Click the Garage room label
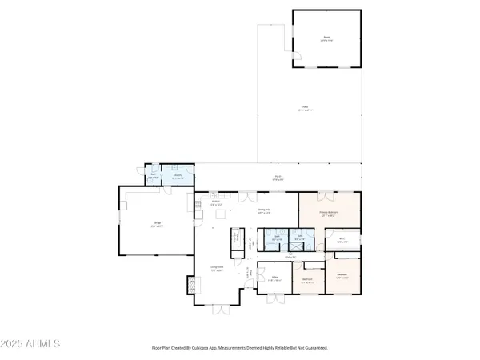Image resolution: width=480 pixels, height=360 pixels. tap(156, 226)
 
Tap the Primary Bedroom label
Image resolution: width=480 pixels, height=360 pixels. tap(329, 214)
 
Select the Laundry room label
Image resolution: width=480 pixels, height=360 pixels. tap(178, 175)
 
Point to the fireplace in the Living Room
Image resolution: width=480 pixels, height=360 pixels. tap(190, 286)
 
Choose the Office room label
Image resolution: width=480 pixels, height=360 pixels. tap(273, 279)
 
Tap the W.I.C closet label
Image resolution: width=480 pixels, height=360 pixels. tap(341, 240)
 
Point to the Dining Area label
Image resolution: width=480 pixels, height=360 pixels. tap(262, 210)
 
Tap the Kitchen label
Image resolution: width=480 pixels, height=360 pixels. tap(215, 203)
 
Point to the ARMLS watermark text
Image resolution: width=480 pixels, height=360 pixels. tap(32, 343)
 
